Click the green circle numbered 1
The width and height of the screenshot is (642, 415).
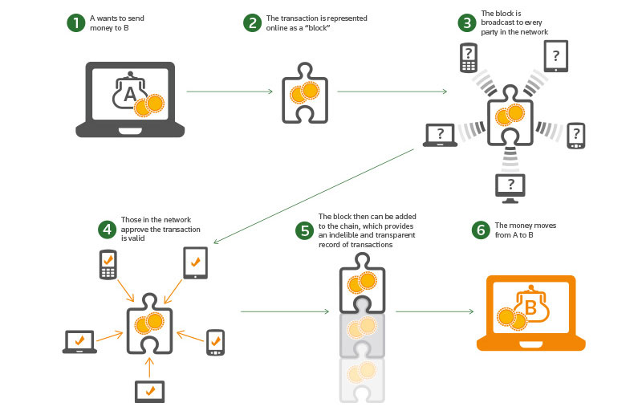[x=76, y=22]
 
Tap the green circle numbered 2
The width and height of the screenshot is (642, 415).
[x=252, y=22]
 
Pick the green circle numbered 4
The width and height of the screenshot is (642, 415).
[x=108, y=230]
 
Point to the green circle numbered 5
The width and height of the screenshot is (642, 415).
[x=304, y=231]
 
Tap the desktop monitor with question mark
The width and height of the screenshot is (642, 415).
[x=511, y=186]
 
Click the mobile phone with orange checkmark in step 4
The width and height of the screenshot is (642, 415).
[x=108, y=264]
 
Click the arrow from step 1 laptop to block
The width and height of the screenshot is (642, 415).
[x=229, y=92]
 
